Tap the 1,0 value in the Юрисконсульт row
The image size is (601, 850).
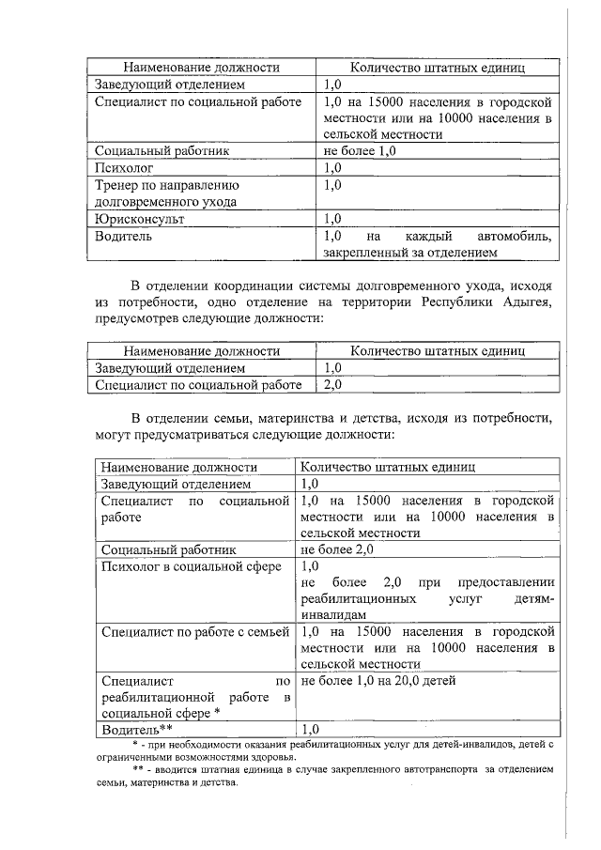332,219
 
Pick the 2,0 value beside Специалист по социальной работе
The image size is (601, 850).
332,384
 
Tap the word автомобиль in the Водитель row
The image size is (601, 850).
514,236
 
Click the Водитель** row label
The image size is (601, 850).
137,728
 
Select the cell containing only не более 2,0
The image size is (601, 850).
337,549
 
